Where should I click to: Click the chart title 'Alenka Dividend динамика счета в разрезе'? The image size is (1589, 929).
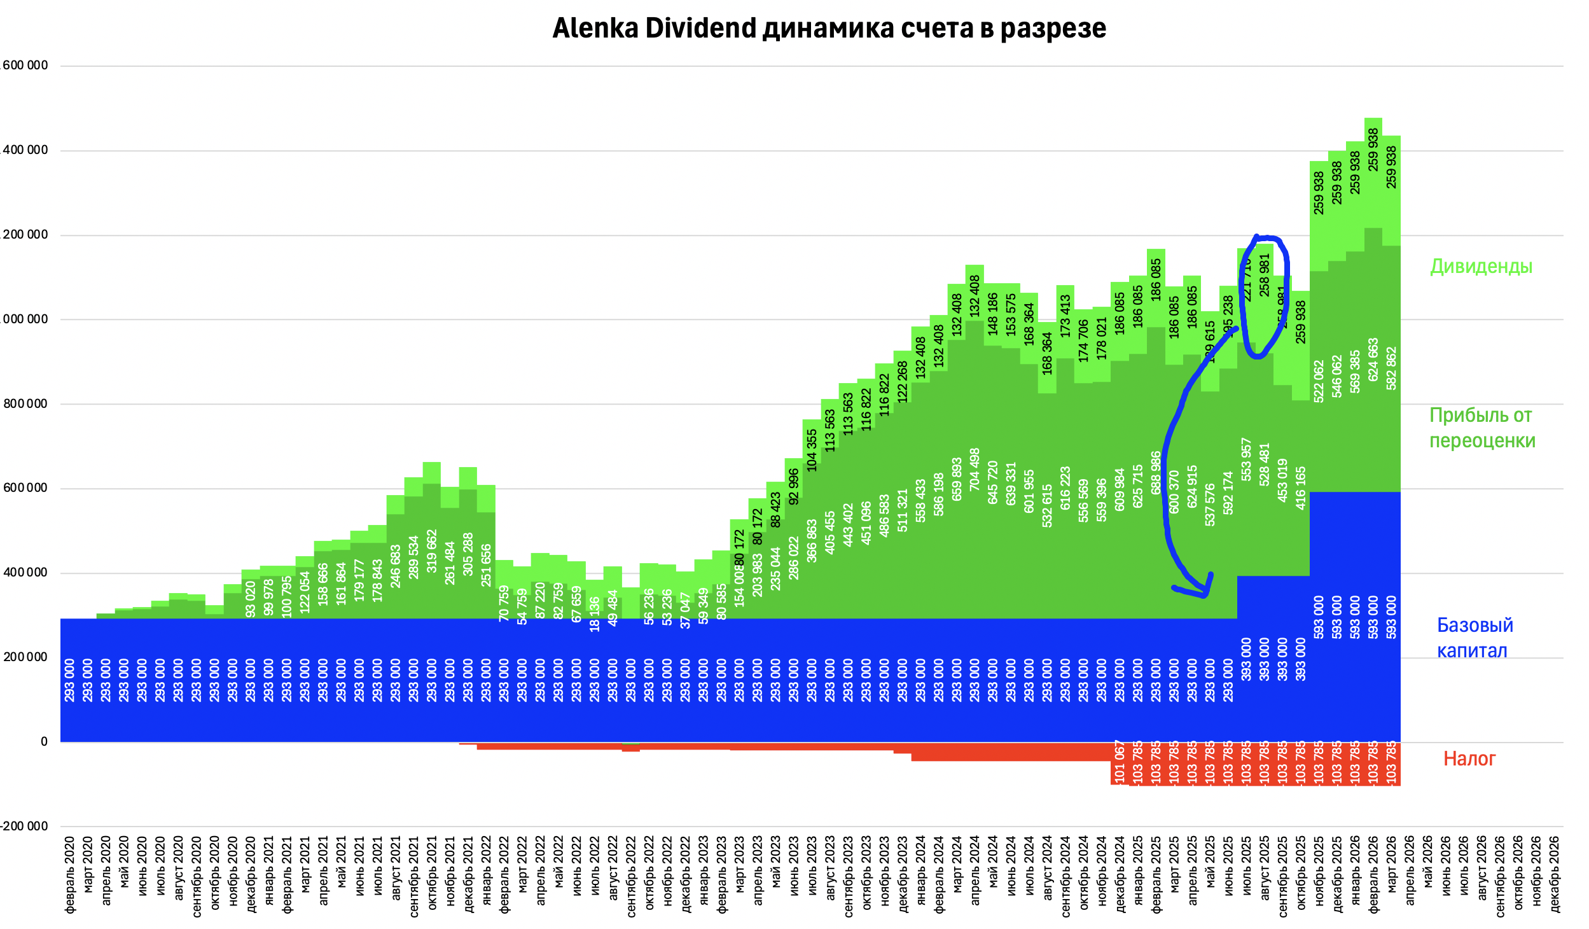[829, 29]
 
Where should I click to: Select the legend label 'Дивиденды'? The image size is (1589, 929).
[1481, 267]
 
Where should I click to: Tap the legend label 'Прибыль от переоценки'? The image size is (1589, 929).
[1481, 428]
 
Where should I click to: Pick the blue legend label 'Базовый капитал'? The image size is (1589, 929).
[1474, 638]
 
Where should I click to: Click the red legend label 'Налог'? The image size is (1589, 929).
[1469, 758]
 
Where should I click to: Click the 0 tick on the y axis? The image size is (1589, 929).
[44, 742]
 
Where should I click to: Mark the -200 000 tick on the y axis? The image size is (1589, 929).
[24, 827]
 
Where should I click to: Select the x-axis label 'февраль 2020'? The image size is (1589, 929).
[70, 875]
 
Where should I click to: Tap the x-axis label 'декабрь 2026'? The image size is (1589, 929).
[1555, 875]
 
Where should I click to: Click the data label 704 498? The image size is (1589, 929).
[975, 469]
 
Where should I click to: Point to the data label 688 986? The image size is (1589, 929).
[1156, 472]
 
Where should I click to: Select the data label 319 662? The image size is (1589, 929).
[432, 551]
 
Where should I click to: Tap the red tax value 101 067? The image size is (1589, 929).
[1120, 762]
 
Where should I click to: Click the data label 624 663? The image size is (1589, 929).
[1373, 360]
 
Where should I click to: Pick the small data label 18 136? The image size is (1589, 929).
[595, 615]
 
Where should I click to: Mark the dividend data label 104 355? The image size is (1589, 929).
[812, 451]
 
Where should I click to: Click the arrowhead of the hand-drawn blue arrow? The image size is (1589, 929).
[1204, 593]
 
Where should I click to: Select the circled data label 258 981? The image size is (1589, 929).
[1265, 275]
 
